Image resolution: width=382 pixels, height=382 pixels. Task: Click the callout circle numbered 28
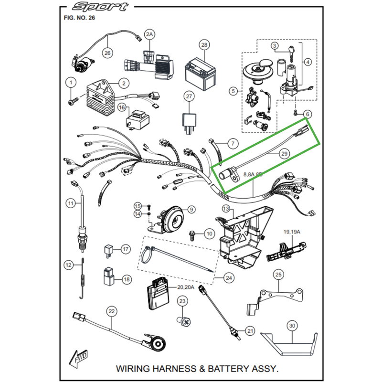point(204,45)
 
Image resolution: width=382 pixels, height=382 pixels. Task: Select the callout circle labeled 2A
point(150,34)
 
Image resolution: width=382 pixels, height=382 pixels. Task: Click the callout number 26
point(107,53)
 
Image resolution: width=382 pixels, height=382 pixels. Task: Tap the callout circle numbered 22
point(112,311)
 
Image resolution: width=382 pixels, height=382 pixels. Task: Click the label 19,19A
point(292,232)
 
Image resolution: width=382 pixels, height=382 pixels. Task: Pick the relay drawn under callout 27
point(189,119)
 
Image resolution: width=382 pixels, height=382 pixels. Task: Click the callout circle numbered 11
point(71,204)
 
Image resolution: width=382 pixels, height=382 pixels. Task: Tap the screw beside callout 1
point(73,102)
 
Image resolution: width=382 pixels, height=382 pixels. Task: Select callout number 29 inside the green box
point(285,154)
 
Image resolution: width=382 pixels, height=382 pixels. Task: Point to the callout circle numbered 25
point(278,274)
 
